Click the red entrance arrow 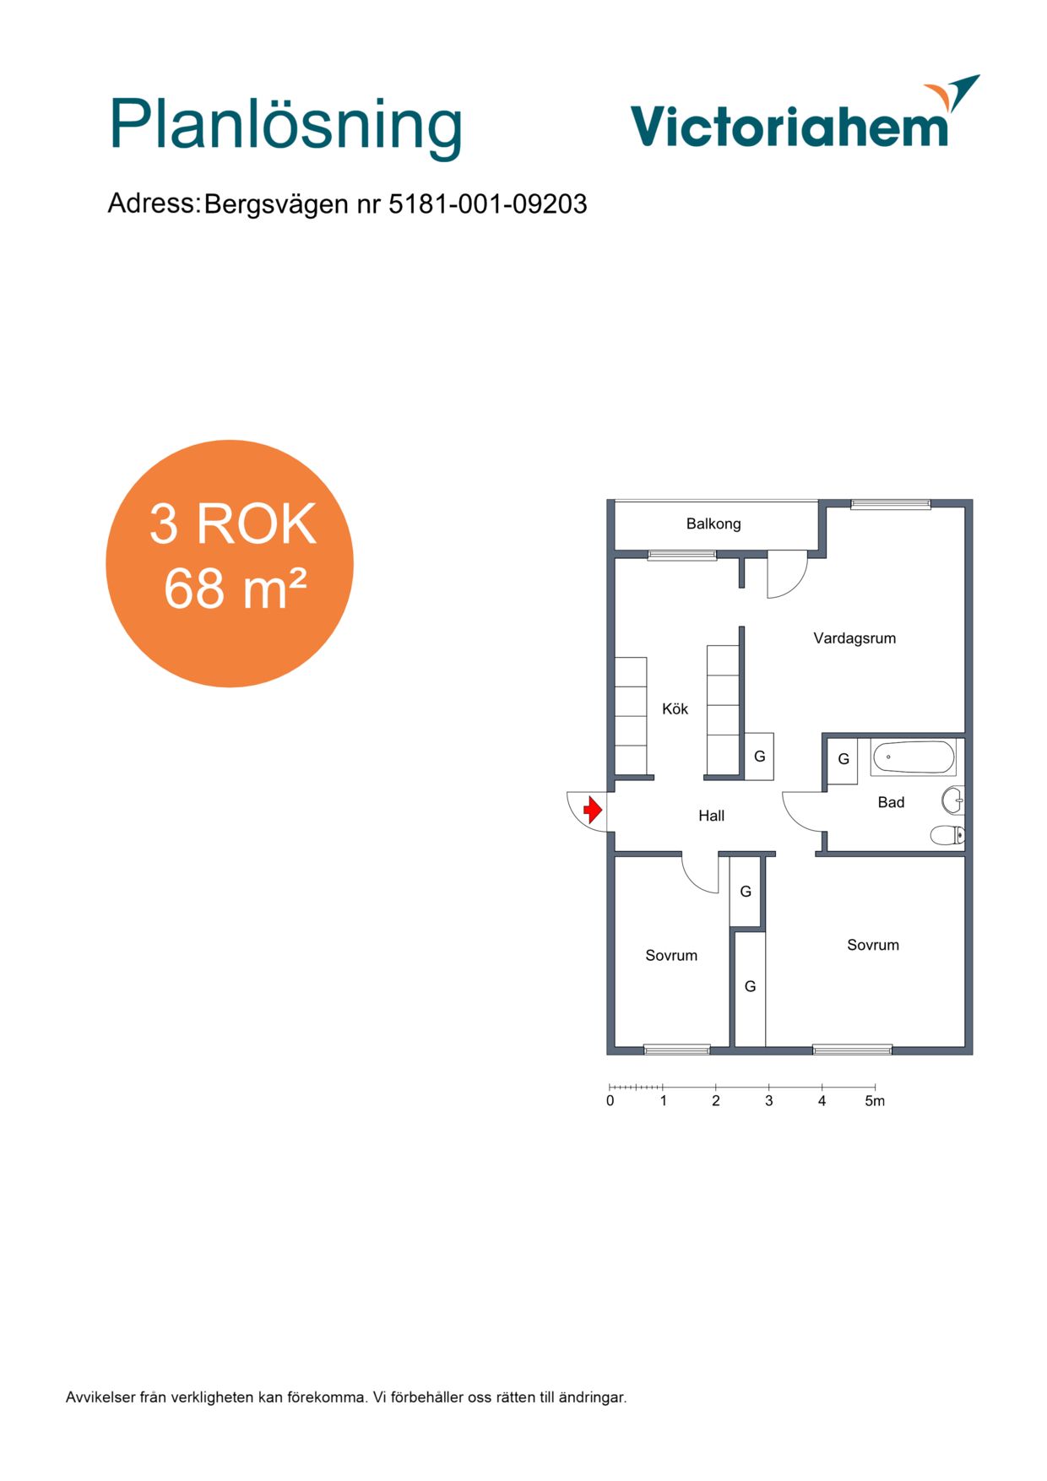coord(593,811)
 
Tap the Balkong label coord(713,524)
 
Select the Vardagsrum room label coord(854,638)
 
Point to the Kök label coord(675,708)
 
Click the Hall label coord(711,816)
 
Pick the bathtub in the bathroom coord(914,757)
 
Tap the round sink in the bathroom coord(952,800)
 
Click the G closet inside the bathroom coord(843,759)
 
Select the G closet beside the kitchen coord(759,757)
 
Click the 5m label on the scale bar coord(875,1101)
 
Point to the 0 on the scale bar coord(610,1101)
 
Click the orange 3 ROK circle coord(230,563)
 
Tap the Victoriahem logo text coord(789,127)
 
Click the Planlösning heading coord(285,127)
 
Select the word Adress coord(153,203)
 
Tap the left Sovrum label coord(671,956)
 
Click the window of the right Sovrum coord(852,1050)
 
